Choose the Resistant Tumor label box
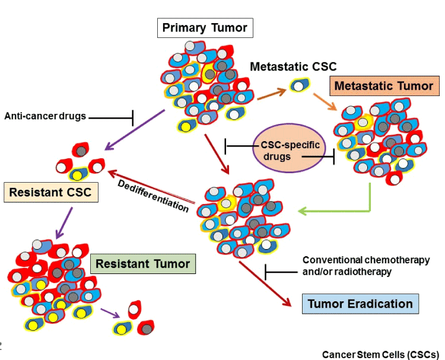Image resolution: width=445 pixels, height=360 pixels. click(x=143, y=263)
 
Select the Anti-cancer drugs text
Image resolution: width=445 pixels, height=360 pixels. click(x=45, y=116)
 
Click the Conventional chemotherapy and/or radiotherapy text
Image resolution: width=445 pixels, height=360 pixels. click(x=366, y=265)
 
